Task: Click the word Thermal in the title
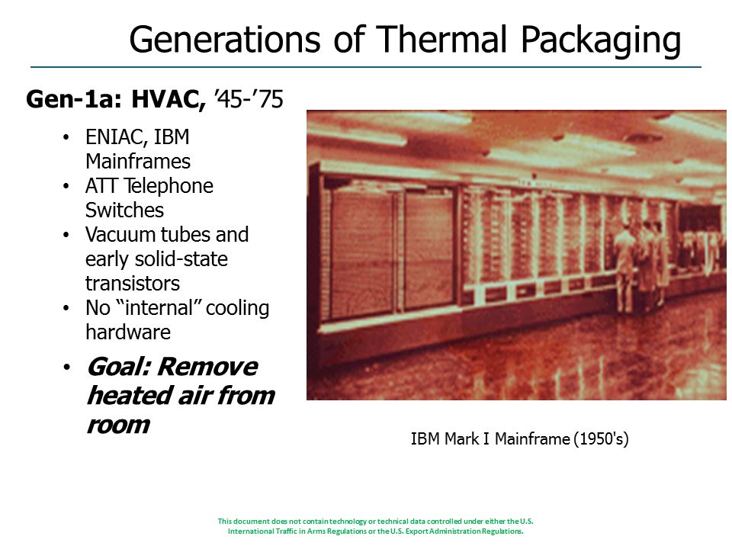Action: (x=441, y=39)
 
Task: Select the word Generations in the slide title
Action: (x=225, y=39)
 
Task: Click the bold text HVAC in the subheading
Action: (x=168, y=99)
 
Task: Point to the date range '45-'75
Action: (x=249, y=99)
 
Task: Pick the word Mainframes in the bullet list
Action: (x=138, y=162)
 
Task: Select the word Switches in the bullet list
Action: (x=124, y=210)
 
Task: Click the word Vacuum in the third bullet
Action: (x=117, y=234)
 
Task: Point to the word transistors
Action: (x=133, y=284)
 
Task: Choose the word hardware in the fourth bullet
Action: (x=128, y=332)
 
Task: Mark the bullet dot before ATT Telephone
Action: (x=66, y=186)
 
